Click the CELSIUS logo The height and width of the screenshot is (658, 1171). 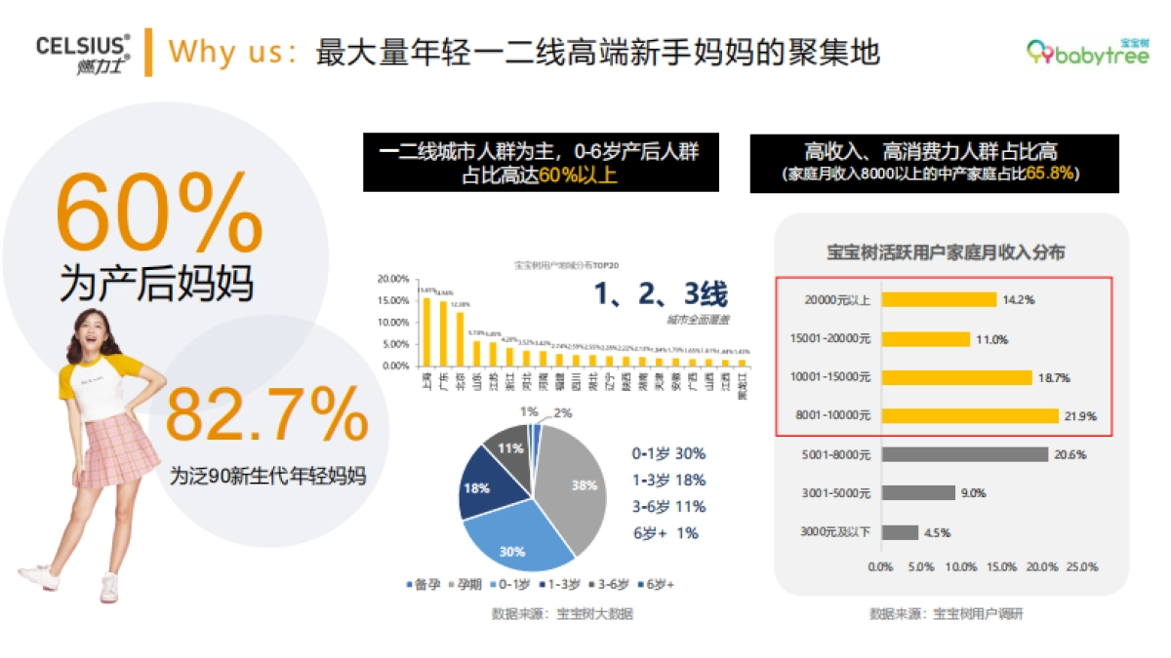point(83,55)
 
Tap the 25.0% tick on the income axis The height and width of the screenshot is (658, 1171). point(1083,566)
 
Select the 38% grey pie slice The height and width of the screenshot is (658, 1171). point(576,487)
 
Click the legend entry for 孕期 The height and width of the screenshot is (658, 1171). point(464,585)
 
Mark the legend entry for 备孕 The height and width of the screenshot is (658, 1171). point(417,585)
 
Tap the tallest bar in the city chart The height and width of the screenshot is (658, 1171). point(426,331)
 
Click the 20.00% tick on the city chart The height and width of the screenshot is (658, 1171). point(392,280)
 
